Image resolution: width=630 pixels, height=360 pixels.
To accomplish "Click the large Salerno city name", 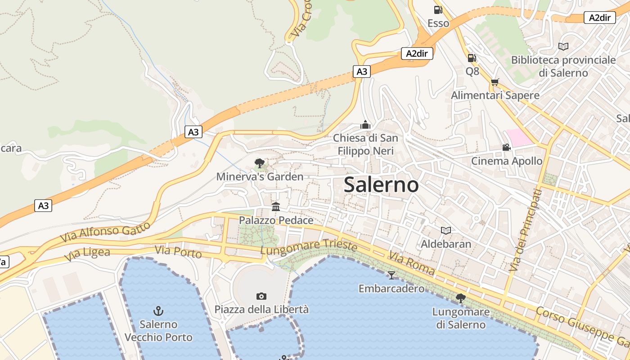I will tap(381, 185).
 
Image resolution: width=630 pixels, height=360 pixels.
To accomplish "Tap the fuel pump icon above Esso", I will tap(437, 10).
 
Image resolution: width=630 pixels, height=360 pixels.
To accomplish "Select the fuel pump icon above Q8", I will tap(472, 58).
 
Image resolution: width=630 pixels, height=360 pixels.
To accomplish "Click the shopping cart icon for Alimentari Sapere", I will tap(495, 82).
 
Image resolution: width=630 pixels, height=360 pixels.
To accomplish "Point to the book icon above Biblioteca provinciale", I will tap(563, 46).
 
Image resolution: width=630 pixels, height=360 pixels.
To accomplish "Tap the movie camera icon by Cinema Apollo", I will tap(506, 147).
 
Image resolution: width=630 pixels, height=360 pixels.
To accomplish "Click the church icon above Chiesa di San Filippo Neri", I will tap(365, 125).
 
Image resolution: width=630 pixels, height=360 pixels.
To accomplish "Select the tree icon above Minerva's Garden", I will tap(259, 163).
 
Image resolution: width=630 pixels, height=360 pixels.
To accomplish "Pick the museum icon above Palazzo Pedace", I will tap(276, 207).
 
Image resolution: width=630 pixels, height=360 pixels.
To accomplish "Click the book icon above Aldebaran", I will tap(445, 230).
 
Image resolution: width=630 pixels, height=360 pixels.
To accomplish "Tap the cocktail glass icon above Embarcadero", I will tap(391, 274).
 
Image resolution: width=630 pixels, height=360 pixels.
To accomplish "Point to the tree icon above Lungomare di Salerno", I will tap(460, 298).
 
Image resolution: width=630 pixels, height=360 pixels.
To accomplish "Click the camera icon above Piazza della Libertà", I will tap(261, 296).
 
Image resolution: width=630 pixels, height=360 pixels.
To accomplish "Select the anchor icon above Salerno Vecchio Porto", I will tap(158, 310).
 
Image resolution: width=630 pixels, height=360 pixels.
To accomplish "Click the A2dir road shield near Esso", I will tap(417, 54).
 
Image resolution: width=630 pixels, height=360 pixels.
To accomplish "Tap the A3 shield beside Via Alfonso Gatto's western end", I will tap(43, 206).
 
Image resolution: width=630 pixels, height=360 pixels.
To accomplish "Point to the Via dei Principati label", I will tap(525, 230).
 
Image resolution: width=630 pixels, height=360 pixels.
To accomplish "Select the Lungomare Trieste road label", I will tap(309, 247).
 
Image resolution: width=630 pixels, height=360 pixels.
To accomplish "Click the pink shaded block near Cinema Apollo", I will tap(520, 137).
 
